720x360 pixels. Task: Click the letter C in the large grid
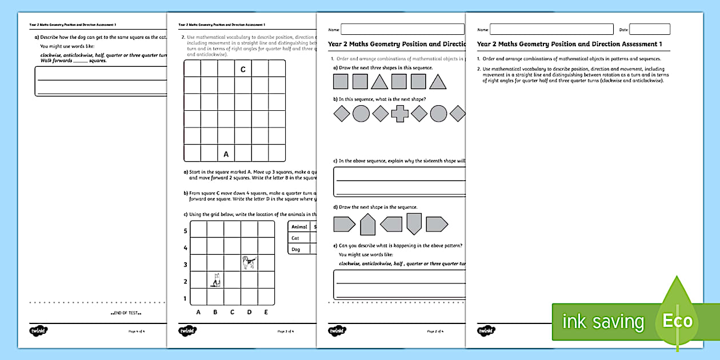tap(243, 69)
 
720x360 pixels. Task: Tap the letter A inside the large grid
tap(226, 154)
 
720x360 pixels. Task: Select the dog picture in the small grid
tap(249, 262)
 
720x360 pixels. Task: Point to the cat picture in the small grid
tap(215, 280)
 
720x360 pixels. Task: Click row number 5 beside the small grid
tap(185, 231)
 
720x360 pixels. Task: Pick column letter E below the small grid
tap(266, 312)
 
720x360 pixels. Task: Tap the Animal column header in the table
tap(299, 226)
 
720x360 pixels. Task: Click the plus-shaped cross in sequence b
tap(399, 114)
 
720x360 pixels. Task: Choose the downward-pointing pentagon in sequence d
tap(414, 224)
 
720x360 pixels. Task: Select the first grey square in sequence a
tap(341, 82)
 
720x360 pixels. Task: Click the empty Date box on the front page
tap(650, 29)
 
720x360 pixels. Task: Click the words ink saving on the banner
tap(603, 322)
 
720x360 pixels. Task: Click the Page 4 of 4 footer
tap(136, 331)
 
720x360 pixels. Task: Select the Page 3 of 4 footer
tap(286, 331)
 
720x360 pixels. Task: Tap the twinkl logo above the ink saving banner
tap(487, 330)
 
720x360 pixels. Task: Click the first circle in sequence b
tap(361, 114)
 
